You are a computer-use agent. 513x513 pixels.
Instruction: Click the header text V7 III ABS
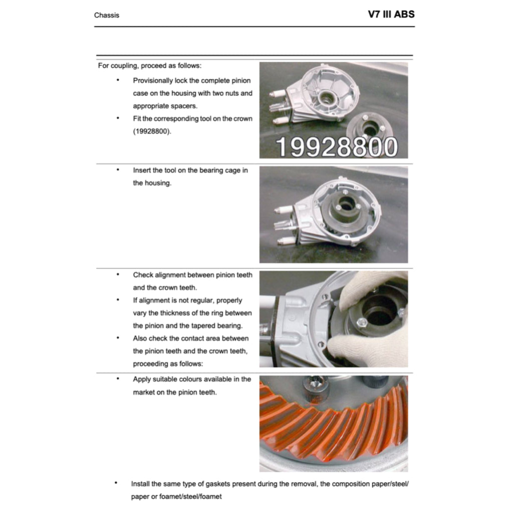391,14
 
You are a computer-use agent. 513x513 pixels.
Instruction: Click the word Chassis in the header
107,15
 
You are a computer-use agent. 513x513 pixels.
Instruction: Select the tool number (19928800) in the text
152,132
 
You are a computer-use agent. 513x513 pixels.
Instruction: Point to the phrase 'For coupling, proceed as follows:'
150,66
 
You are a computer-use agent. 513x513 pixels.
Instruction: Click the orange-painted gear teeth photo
333,423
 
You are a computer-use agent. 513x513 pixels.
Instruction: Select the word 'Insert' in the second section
141,170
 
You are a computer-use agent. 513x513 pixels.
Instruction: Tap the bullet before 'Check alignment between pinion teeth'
118,275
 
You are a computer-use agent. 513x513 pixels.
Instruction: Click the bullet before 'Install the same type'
116,483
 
